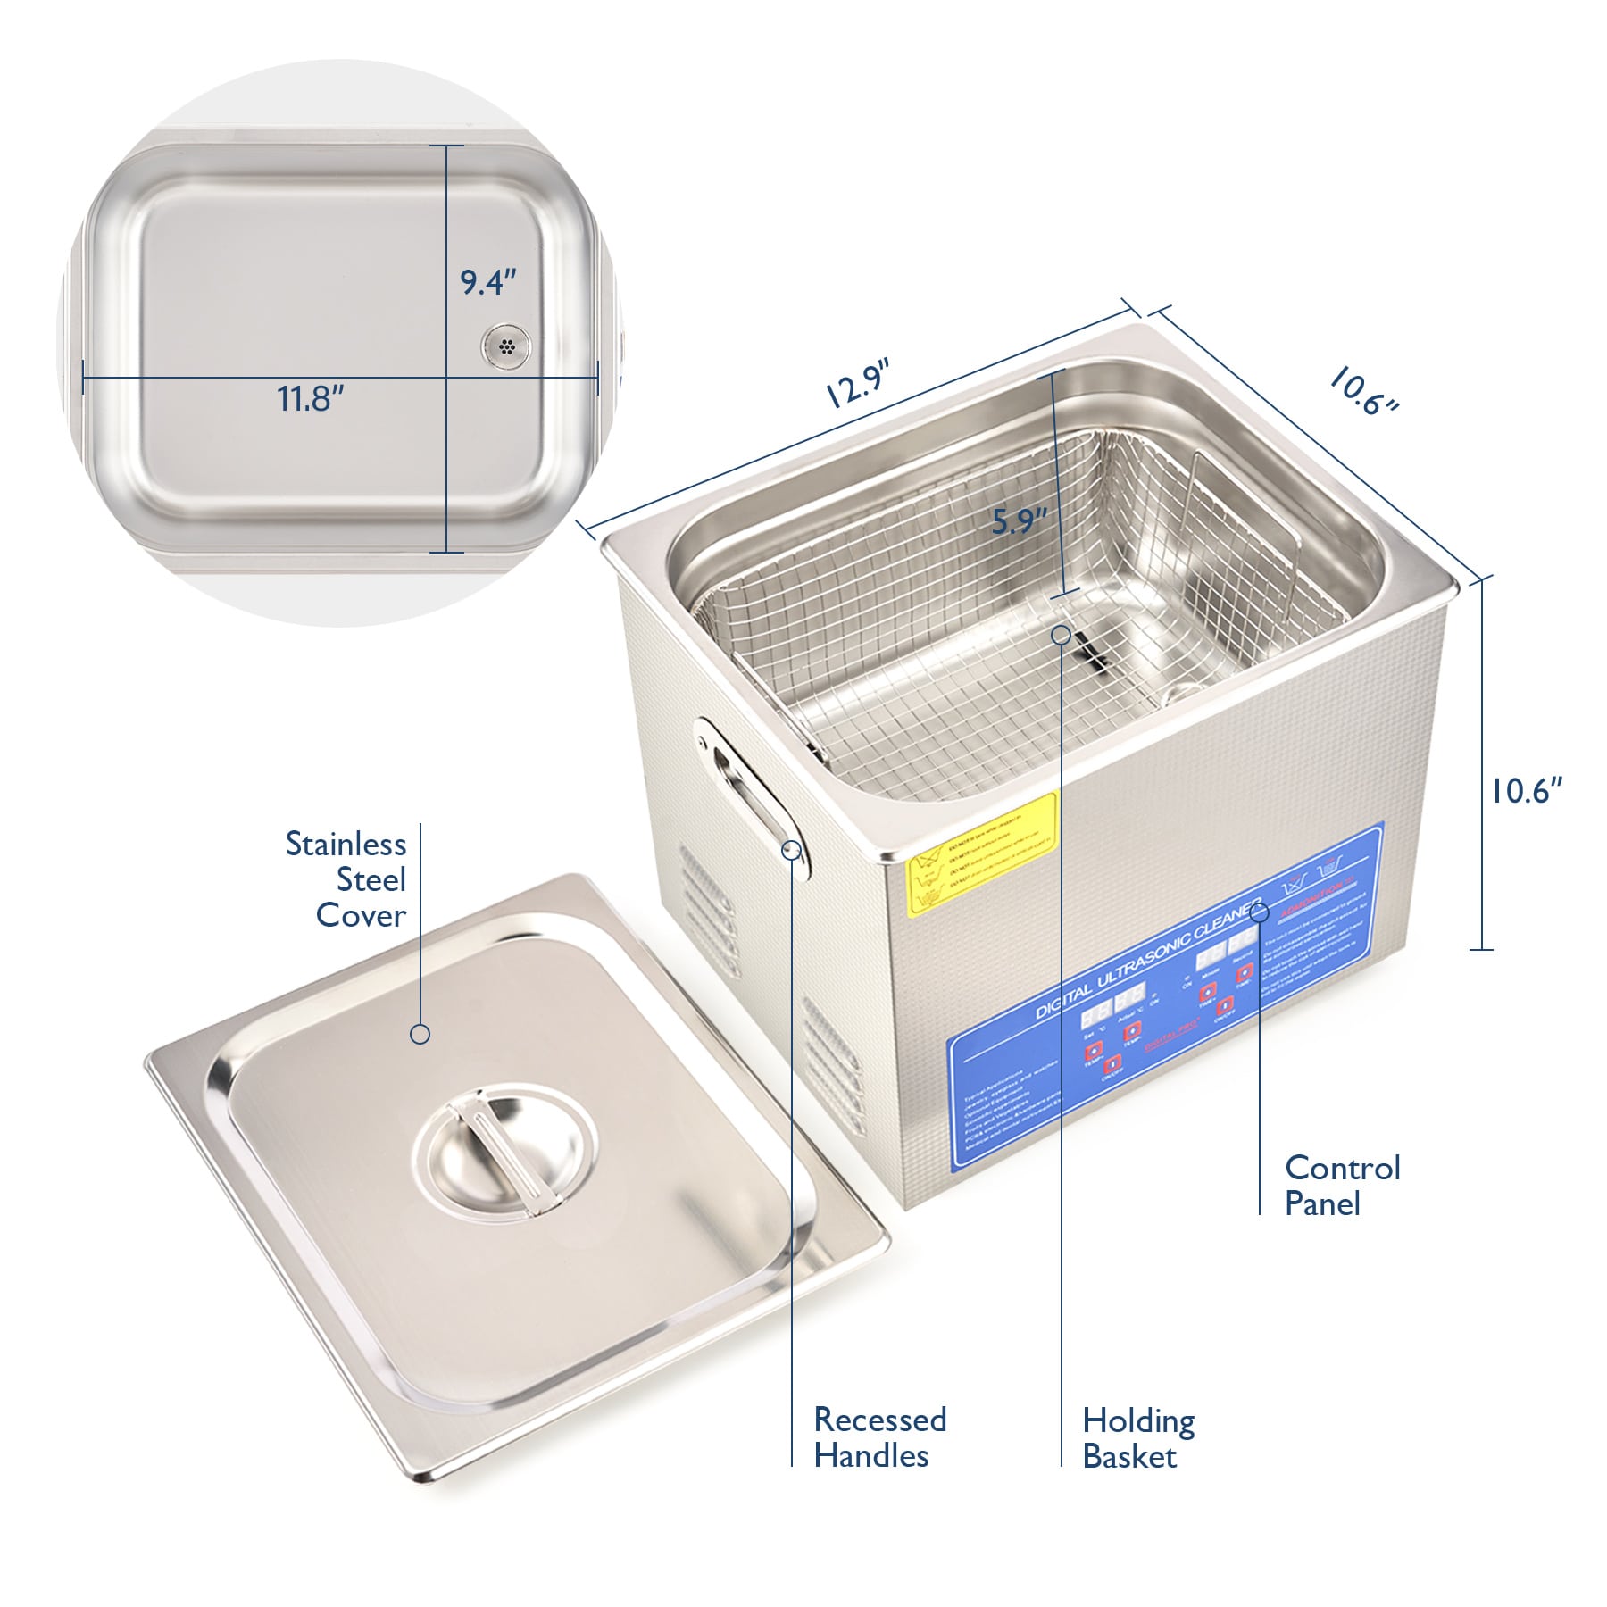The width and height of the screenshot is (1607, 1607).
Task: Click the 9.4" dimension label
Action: pyautogui.click(x=488, y=282)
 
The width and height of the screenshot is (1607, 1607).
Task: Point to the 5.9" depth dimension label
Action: pyautogui.click(x=1019, y=520)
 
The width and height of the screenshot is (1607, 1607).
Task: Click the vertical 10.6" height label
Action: pyautogui.click(x=1528, y=790)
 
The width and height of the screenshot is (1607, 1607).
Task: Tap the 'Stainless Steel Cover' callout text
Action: pyautogui.click(x=347, y=879)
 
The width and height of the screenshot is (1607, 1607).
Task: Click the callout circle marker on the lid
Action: pyautogui.click(x=420, y=1034)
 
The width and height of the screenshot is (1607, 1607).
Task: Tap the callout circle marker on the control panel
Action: pyautogui.click(x=1260, y=912)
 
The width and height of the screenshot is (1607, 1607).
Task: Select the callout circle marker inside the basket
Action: pyautogui.click(x=1062, y=635)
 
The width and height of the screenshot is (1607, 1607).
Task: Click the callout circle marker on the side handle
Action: pyautogui.click(x=792, y=849)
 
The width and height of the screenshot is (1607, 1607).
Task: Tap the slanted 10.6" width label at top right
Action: pyautogui.click(x=1362, y=391)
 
